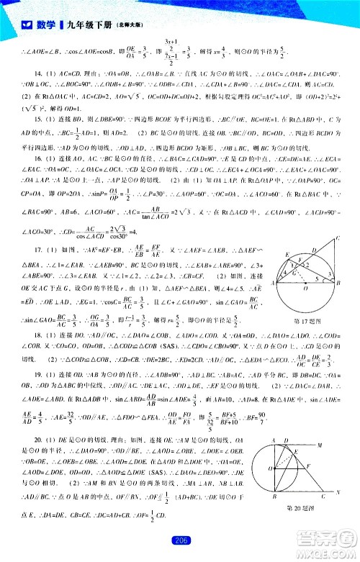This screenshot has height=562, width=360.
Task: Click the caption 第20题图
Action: click(302, 509)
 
